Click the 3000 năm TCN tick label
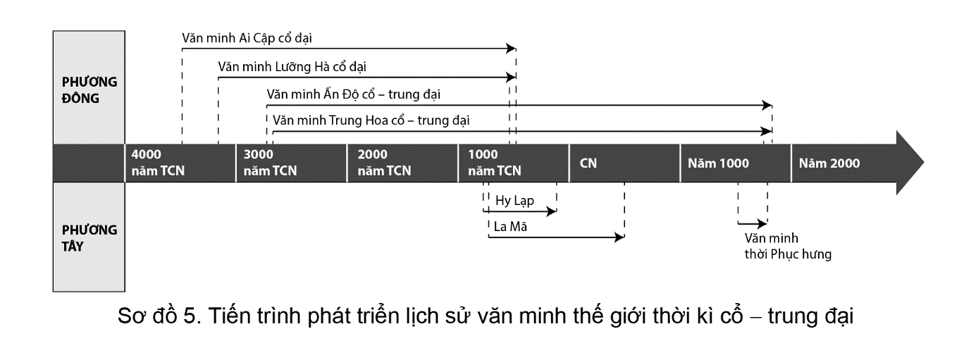[x=270, y=163]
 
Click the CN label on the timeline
[x=588, y=163]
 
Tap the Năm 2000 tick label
[x=829, y=163]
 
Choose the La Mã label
[x=511, y=227]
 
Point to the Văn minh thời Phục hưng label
[x=787, y=247]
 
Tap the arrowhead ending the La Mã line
[x=620, y=238]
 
